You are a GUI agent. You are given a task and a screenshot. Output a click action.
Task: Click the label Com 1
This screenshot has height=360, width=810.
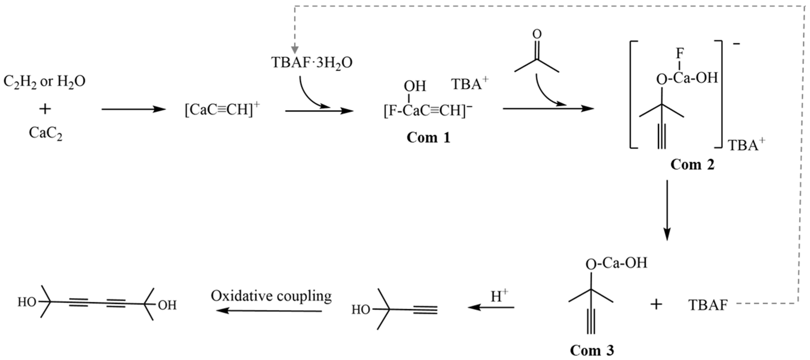428,138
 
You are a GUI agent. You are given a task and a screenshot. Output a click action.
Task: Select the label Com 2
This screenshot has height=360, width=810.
692,164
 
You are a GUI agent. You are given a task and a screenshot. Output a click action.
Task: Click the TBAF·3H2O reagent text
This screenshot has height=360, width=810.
311,63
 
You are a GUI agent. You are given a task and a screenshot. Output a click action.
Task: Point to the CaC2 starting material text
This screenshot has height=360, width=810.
46,133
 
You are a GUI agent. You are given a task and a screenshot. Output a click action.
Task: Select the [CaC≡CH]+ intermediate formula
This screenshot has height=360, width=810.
222,110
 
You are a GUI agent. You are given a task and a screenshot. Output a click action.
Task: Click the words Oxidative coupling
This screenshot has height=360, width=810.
271,296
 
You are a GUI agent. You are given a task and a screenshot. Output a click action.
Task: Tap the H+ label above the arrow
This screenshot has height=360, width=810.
499,296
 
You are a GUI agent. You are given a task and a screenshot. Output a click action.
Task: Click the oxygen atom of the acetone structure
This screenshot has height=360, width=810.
537,34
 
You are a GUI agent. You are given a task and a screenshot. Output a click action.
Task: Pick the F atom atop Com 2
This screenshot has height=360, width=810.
679,54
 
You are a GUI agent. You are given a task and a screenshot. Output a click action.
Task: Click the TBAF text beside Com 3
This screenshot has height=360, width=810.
708,305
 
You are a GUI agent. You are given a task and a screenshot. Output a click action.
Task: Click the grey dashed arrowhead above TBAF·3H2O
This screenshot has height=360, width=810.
295,50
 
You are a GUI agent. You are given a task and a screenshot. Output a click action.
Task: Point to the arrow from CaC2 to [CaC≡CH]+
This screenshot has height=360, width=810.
133,109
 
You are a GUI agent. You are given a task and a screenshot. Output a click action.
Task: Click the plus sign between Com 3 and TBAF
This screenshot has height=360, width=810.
656,304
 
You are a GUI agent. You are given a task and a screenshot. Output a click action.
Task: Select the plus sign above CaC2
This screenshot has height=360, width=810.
45,109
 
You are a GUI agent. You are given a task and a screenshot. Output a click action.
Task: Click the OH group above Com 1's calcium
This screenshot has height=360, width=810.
415,86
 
